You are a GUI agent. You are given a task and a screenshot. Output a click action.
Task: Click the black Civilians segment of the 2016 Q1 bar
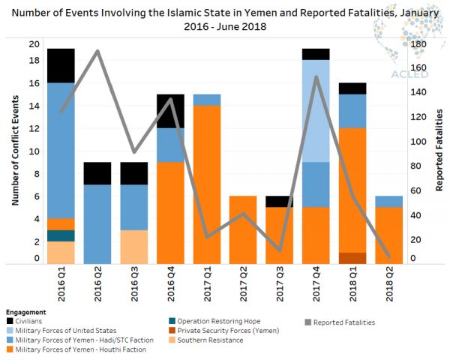[x=61, y=65]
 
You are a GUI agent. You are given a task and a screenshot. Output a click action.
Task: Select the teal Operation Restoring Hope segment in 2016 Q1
[x=61, y=235]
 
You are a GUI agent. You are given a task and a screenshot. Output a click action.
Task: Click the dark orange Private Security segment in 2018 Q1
[x=352, y=257]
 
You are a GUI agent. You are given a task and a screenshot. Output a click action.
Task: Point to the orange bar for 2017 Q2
[x=244, y=229]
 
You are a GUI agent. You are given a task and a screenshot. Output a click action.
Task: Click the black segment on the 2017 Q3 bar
[x=280, y=201]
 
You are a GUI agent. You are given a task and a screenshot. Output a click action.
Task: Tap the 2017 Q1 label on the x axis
[x=208, y=283]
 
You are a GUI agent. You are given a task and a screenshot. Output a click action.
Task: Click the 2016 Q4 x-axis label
[x=171, y=283]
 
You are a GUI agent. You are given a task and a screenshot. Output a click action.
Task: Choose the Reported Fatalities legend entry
[x=343, y=322]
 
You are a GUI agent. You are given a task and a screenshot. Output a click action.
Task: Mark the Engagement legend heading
[x=25, y=312]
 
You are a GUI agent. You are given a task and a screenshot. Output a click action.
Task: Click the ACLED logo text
[x=406, y=74]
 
